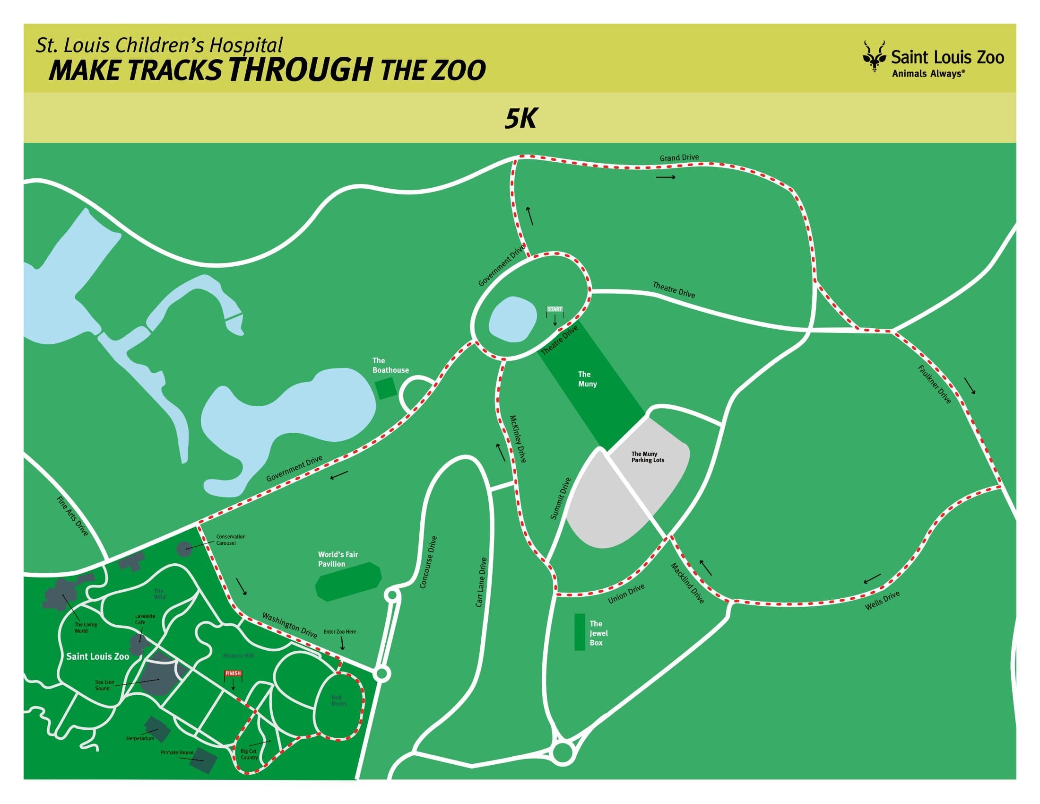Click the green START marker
click(555, 309)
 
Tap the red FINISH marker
click(233, 673)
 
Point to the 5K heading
click(520, 119)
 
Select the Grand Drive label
click(679, 157)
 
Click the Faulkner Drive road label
click(934, 385)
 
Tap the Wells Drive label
click(883, 601)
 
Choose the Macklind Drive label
click(687, 583)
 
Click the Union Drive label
click(626, 594)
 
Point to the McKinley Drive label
click(518, 439)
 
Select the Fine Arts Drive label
click(72, 516)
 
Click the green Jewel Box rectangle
click(580, 632)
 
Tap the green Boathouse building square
click(386, 388)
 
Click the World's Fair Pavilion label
click(338, 559)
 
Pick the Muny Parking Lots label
click(648, 457)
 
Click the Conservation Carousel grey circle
click(185, 549)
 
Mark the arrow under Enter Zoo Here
click(342, 644)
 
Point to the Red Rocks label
click(339, 700)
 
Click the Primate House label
click(177, 752)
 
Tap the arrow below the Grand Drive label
click(666, 178)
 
